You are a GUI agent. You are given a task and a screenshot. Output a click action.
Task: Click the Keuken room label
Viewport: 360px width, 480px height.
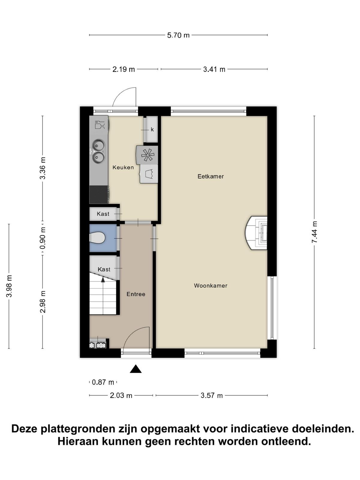(123, 167)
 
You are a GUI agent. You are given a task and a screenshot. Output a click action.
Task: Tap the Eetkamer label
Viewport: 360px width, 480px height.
(211, 176)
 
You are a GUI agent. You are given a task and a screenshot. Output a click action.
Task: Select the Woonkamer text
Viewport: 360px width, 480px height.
(211, 286)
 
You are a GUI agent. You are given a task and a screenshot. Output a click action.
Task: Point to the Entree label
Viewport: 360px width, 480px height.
(136, 294)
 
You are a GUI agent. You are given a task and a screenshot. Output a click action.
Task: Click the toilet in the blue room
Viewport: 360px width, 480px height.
(97, 238)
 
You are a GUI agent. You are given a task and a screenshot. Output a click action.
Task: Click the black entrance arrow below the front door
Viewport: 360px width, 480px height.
(136, 369)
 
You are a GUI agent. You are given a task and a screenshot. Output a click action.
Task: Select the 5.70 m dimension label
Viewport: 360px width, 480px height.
(178, 35)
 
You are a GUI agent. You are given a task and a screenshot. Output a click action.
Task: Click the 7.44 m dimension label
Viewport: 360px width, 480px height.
(314, 232)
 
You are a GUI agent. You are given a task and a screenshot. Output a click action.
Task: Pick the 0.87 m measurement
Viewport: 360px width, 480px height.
(103, 382)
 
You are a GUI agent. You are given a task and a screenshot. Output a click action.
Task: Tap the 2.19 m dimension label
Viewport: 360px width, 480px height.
(124, 70)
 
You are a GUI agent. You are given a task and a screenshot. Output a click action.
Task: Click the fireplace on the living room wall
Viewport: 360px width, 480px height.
(256, 233)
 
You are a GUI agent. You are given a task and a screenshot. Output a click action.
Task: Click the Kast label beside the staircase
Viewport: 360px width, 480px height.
(104, 269)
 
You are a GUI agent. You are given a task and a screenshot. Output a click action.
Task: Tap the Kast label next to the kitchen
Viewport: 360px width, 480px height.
(103, 214)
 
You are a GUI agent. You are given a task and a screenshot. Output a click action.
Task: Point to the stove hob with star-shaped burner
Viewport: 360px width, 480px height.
(147, 155)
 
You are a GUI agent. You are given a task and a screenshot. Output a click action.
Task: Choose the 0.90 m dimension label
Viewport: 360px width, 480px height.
(43, 238)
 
